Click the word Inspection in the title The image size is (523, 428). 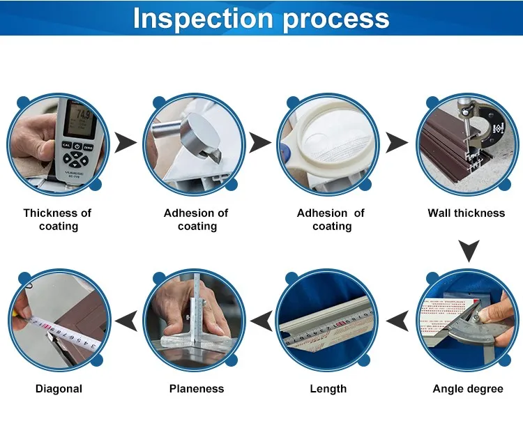click(x=203, y=18)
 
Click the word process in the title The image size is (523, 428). click(x=336, y=20)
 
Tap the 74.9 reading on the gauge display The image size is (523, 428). click(x=83, y=114)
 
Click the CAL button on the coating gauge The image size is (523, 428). click(x=67, y=145)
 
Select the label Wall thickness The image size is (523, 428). click(x=467, y=213)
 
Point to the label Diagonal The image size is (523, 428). click(x=59, y=389)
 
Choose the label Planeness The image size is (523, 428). click(x=197, y=389)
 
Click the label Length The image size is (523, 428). click(x=328, y=389)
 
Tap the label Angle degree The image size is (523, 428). click(x=468, y=389)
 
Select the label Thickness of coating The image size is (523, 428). click(x=58, y=220)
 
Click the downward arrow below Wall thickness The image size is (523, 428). click(x=469, y=251)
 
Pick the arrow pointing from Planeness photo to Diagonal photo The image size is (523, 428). click(x=126, y=321)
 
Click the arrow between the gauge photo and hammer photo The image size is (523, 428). click(x=126, y=143)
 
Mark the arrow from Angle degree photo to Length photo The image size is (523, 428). click(x=397, y=321)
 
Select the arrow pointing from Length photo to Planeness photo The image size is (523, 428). click(x=261, y=321)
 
